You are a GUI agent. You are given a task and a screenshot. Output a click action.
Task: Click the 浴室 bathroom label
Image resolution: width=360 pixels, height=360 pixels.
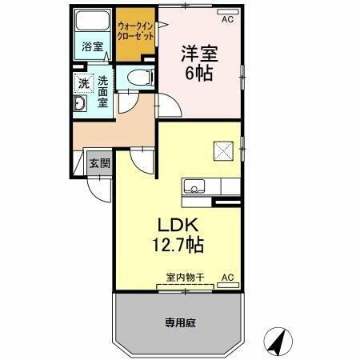coord(92,47)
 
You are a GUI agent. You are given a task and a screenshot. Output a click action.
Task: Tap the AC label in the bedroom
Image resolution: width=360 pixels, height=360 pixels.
coord(226,18)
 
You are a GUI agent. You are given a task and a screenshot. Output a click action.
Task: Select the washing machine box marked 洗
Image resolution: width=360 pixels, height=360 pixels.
coord(83,83)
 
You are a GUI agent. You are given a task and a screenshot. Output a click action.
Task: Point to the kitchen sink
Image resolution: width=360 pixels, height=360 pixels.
coord(194,187)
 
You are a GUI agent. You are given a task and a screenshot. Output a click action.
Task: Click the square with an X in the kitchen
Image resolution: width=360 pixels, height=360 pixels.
coord(220,150)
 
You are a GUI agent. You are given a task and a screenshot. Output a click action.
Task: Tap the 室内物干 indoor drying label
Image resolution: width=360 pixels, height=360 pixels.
coord(185,277)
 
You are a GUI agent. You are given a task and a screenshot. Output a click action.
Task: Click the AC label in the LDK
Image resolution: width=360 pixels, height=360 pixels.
coord(226,277)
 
